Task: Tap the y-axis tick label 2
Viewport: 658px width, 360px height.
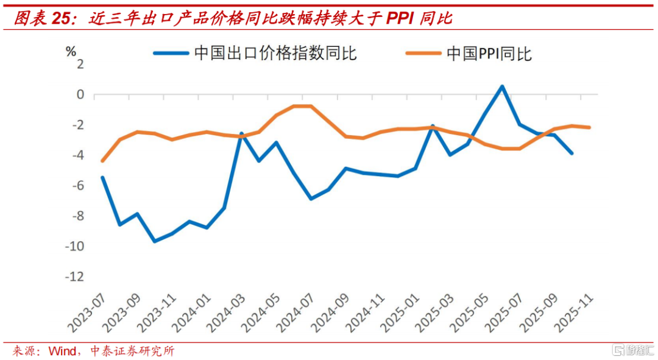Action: coord(79,64)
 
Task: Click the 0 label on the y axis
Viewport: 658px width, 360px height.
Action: coord(79,94)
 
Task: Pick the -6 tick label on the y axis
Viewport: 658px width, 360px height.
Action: coord(77,186)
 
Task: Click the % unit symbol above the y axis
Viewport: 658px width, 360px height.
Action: coord(71,50)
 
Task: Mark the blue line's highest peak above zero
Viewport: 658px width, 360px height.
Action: coord(502,86)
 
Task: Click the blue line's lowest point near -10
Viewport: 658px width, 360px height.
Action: coord(154,241)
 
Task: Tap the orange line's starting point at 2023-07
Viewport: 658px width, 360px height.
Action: coord(102,161)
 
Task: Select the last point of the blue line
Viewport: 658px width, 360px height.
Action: coord(571,153)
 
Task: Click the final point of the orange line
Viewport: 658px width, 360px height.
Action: coord(589,127)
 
